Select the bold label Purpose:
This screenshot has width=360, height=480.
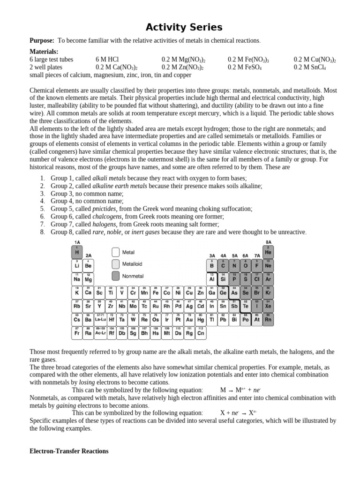point(42,41)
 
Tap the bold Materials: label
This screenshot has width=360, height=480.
point(44,52)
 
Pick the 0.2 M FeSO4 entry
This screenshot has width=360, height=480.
point(245,67)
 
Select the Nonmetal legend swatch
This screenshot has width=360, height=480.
point(115,276)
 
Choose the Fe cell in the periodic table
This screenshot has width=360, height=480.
point(156,292)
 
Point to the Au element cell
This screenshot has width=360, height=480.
point(189,320)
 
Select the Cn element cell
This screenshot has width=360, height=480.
point(201,333)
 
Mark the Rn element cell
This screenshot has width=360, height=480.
point(268,320)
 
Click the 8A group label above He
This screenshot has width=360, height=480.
point(268,242)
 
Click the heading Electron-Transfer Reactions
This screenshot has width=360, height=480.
point(69,451)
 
